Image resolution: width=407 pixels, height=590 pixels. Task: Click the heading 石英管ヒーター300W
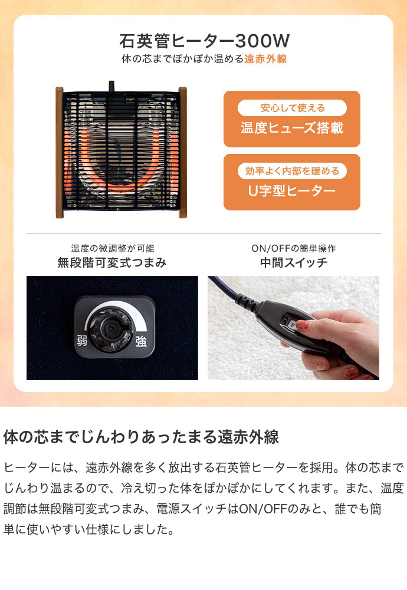coord(205,41)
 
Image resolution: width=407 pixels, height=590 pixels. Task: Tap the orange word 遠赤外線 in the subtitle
coord(265,59)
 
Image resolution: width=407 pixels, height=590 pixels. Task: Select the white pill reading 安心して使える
coord(292,108)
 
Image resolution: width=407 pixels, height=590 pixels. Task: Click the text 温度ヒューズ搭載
coord(292,128)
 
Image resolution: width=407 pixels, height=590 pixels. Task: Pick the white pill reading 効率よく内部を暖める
coord(292,171)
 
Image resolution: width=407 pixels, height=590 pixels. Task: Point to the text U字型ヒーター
coord(292,191)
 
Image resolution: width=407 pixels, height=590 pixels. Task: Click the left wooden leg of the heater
coord(60,153)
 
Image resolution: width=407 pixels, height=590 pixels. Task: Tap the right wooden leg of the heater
coord(183,153)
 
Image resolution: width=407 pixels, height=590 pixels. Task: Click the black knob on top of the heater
coord(111,85)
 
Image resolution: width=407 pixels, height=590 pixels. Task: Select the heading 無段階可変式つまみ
coord(112,262)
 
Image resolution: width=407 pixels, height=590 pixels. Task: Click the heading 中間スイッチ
coord(294,262)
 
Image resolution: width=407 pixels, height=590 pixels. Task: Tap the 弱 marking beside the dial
coord(82,341)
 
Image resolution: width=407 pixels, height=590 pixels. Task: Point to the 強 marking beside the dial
coord(141,342)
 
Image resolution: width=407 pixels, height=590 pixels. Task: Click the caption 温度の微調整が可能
coord(113,248)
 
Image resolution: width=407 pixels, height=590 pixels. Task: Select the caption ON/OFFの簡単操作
coord(294,248)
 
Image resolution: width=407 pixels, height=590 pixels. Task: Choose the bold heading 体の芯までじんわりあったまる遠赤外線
coord(141,437)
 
